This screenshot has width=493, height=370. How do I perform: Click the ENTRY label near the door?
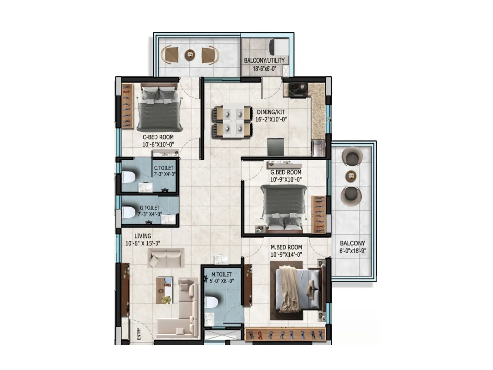(x=139, y=334)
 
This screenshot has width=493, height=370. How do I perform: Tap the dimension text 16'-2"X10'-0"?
(x=271, y=119)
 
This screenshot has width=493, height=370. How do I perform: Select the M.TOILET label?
(x=222, y=274)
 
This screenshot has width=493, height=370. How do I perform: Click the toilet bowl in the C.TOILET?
(x=128, y=177)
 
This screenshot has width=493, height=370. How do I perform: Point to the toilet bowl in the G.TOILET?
(x=128, y=212)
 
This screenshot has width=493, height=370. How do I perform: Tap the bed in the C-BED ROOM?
(x=159, y=108)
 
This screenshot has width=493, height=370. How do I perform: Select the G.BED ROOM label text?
(x=286, y=172)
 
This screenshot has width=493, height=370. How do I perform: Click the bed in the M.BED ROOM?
(x=297, y=290)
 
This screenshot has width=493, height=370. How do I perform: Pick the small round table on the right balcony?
(x=351, y=176)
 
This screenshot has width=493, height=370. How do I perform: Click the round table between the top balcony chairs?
(x=190, y=55)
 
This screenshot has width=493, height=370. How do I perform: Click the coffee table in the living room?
(x=164, y=290)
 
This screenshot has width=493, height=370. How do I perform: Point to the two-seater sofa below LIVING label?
(x=166, y=258)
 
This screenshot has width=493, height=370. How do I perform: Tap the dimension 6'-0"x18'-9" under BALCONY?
(x=352, y=251)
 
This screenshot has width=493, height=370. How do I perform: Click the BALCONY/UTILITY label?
(x=264, y=60)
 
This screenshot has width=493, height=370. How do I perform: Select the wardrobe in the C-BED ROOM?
(x=127, y=106)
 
